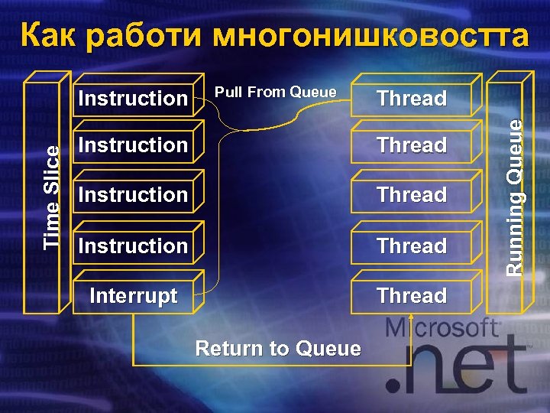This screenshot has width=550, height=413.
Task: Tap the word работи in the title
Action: click(142, 36)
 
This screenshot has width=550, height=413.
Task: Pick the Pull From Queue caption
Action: click(275, 93)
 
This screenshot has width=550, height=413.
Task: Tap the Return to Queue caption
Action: click(278, 349)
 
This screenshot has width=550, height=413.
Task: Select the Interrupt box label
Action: click(134, 296)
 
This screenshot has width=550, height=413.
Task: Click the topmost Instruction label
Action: click(133, 99)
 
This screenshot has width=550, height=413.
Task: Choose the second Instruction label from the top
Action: click(133, 145)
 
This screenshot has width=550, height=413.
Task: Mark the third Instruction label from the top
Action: click(133, 195)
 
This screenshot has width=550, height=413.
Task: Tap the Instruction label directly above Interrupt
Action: click(133, 246)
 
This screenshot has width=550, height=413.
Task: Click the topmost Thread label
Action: click(411, 99)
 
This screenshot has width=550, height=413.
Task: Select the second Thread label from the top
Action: click(411, 145)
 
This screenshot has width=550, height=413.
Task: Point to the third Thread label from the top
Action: click(411, 195)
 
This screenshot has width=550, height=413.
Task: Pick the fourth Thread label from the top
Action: click(411, 246)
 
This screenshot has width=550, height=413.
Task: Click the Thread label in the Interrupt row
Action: click(411, 296)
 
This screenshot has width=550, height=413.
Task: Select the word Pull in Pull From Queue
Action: click(227, 93)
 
